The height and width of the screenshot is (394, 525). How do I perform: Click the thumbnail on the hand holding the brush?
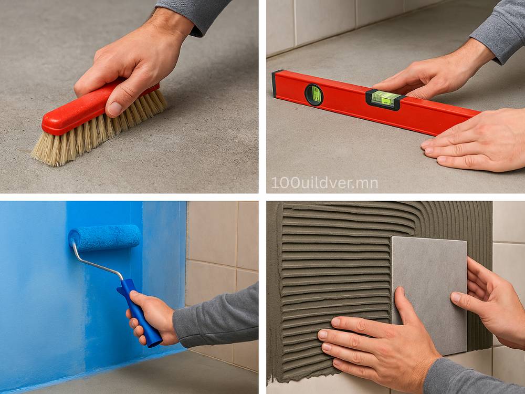115,109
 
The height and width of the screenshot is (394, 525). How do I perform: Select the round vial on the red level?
314,95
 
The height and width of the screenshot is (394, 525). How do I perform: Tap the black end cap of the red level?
275,84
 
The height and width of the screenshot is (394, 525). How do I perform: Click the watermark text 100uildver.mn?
324,183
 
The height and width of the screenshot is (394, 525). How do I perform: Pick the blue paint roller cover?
104,237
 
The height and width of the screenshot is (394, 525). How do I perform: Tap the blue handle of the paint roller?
139,312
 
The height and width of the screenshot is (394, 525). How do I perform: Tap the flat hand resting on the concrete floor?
476,141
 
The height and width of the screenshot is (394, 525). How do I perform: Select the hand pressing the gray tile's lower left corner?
375,338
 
